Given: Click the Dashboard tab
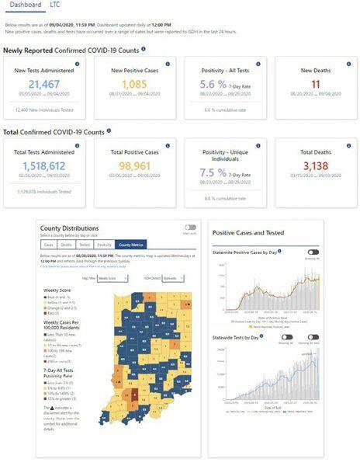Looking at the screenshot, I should tap(26, 5).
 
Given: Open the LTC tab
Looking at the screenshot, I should tap(56, 5).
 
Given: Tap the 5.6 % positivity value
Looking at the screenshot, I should tap(216, 84).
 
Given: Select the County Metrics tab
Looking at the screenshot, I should tap(130, 244).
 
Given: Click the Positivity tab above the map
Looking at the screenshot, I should tap(104, 244).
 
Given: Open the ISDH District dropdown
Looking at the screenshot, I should tap(172, 277).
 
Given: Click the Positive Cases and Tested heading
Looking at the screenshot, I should tap(248, 232).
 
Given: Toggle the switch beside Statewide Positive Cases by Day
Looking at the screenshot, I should tap(313, 252).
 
